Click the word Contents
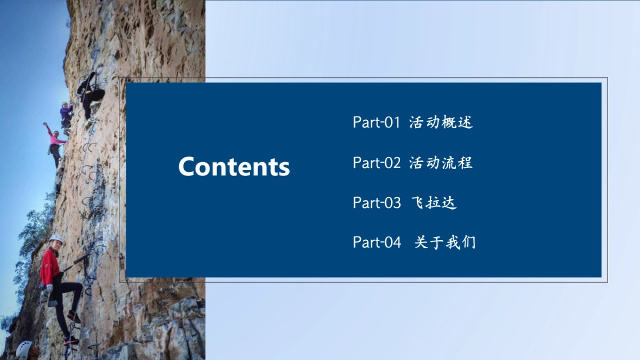click(234, 166)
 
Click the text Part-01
click(376, 123)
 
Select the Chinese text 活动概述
click(441, 123)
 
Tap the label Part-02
click(376, 163)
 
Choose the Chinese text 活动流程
click(441, 163)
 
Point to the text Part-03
click(376, 203)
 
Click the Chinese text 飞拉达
click(434, 203)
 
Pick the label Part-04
click(376, 243)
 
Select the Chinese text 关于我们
click(445, 243)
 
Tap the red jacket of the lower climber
click(50, 267)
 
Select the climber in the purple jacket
click(66, 115)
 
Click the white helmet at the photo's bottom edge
click(23, 349)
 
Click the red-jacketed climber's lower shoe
click(71, 340)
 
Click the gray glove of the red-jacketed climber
click(50, 288)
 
